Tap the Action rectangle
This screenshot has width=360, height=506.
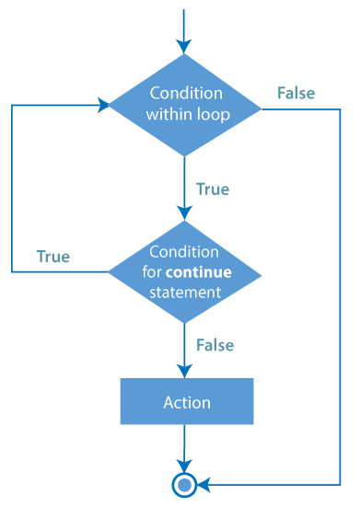click(186, 402)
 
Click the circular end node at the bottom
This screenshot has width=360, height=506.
click(185, 483)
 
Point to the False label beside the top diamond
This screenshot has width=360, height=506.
click(296, 93)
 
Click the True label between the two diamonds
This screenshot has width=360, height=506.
click(213, 190)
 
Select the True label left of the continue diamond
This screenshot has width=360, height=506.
click(53, 257)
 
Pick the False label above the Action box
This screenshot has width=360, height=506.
click(215, 345)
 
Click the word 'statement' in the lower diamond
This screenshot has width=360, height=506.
click(185, 293)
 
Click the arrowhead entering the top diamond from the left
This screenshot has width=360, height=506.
click(102, 105)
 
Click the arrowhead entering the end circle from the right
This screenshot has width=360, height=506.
click(204, 483)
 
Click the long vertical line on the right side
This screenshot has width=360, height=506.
click(340, 294)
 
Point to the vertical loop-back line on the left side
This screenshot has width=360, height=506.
click(12, 189)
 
